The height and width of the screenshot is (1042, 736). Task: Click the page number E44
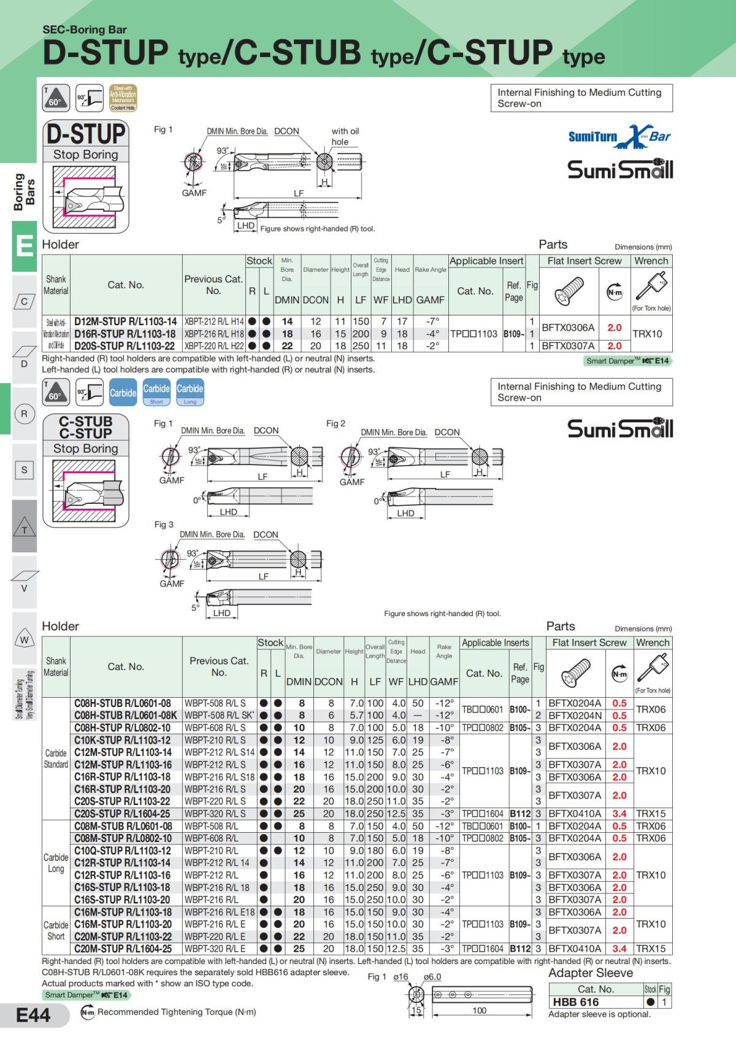(x=33, y=1016)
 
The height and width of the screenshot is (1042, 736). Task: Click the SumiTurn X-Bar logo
(x=619, y=136)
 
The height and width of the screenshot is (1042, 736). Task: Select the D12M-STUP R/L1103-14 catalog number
(x=125, y=321)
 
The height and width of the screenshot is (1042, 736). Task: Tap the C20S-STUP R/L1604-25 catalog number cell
(x=123, y=814)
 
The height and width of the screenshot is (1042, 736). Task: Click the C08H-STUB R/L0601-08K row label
(x=125, y=716)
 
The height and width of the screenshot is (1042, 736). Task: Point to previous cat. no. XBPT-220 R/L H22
(x=213, y=345)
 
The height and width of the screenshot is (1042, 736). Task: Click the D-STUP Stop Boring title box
(x=86, y=141)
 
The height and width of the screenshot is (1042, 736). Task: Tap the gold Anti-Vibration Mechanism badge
(x=123, y=98)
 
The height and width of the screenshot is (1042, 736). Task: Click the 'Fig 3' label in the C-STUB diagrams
(x=164, y=525)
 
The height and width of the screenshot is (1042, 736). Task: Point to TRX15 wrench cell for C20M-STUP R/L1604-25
(x=651, y=949)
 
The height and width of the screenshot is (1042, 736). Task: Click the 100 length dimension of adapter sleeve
(x=479, y=1011)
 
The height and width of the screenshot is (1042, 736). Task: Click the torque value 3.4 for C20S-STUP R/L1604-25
(x=619, y=814)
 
